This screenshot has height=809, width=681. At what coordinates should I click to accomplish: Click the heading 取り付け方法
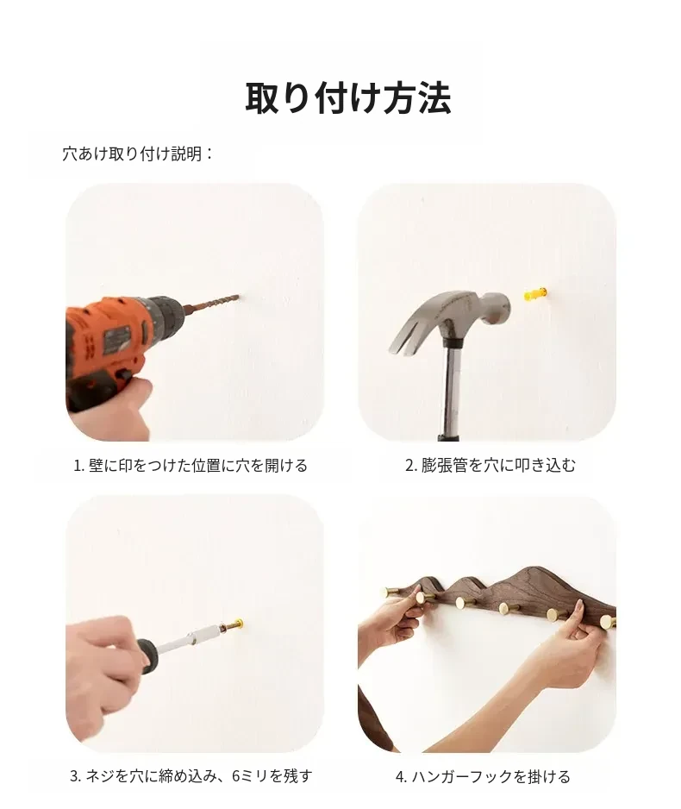click(348, 98)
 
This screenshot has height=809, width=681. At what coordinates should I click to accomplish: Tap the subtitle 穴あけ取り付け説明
click(132, 154)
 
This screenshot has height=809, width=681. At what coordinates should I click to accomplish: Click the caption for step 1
click(191, 466)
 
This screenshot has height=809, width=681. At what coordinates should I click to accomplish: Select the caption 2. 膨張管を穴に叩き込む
click(490, 466)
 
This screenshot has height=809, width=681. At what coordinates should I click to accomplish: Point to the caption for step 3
click(191, 776)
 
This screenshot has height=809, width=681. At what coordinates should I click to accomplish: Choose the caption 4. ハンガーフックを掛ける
click(483, 776)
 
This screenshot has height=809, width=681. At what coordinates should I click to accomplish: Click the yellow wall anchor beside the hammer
click(535, 296)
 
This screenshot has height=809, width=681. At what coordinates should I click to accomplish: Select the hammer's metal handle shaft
click(452, 393)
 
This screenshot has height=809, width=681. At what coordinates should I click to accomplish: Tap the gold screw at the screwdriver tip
click(234, 624)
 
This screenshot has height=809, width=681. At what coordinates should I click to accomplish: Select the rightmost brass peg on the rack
click(608, 622)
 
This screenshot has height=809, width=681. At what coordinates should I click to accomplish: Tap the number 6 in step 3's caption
click(236, 776)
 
